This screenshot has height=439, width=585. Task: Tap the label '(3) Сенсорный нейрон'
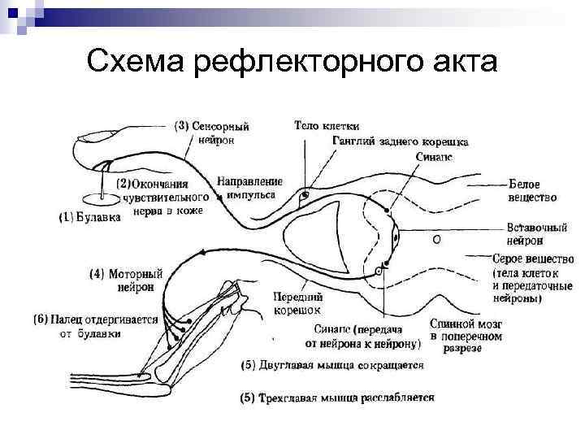[x=213, y=133]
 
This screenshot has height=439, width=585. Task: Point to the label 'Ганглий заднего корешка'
[x=400, y=141]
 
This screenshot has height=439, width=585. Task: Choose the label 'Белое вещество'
[x=532, y=190]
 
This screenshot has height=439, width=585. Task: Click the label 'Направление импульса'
[x=251, y=188]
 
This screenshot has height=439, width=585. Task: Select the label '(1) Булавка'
[x=91, y=217]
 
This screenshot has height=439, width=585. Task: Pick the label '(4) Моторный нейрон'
[x=127, y=280]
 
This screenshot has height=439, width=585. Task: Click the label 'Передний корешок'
[x=293, y=302]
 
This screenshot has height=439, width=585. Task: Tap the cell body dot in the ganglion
[x=305, y=195]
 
